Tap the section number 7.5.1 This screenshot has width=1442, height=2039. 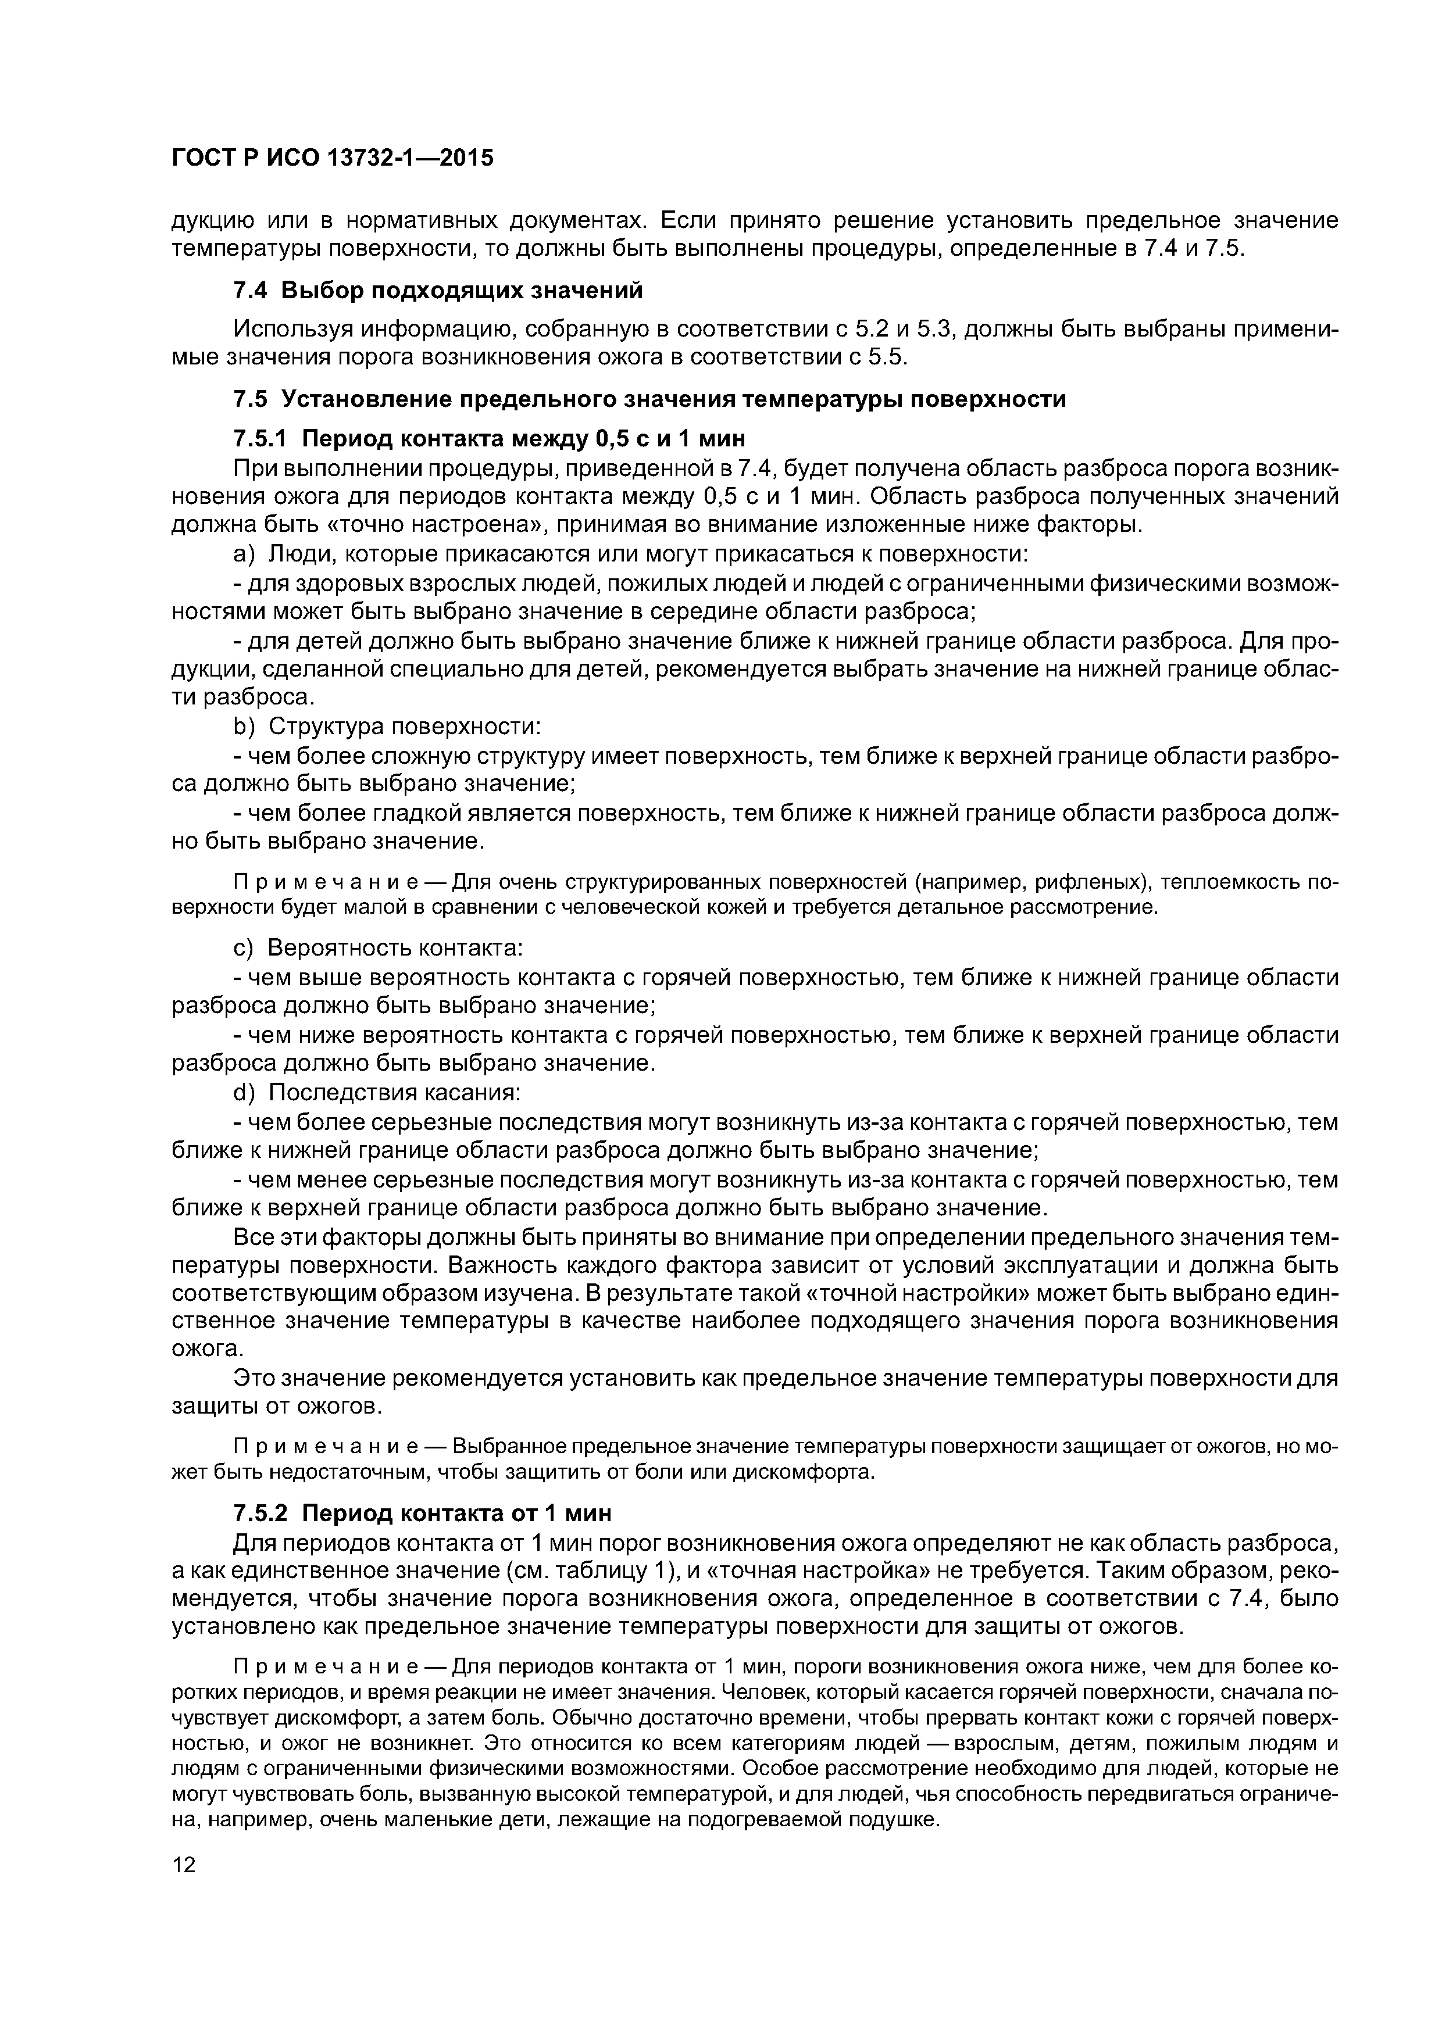pos(261,439)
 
